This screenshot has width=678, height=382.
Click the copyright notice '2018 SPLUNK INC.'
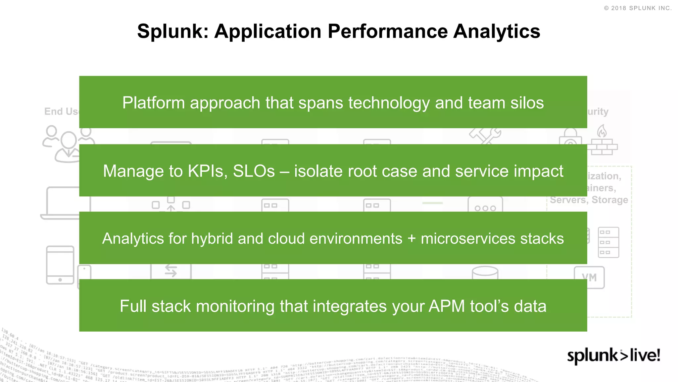[638, 8]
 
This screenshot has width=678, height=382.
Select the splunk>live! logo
[613, 356]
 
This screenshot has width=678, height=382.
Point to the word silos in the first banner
[527, 103]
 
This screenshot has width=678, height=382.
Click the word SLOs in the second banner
[254, 171]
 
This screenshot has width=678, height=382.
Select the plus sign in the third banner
[412, 239]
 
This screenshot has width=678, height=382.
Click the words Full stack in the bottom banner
[155, 306]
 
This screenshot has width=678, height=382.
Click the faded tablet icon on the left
[60, 265]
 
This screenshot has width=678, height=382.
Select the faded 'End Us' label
[61, 111]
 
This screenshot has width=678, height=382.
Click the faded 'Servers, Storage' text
[589, 200]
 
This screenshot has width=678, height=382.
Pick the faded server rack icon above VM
[608, 242]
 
